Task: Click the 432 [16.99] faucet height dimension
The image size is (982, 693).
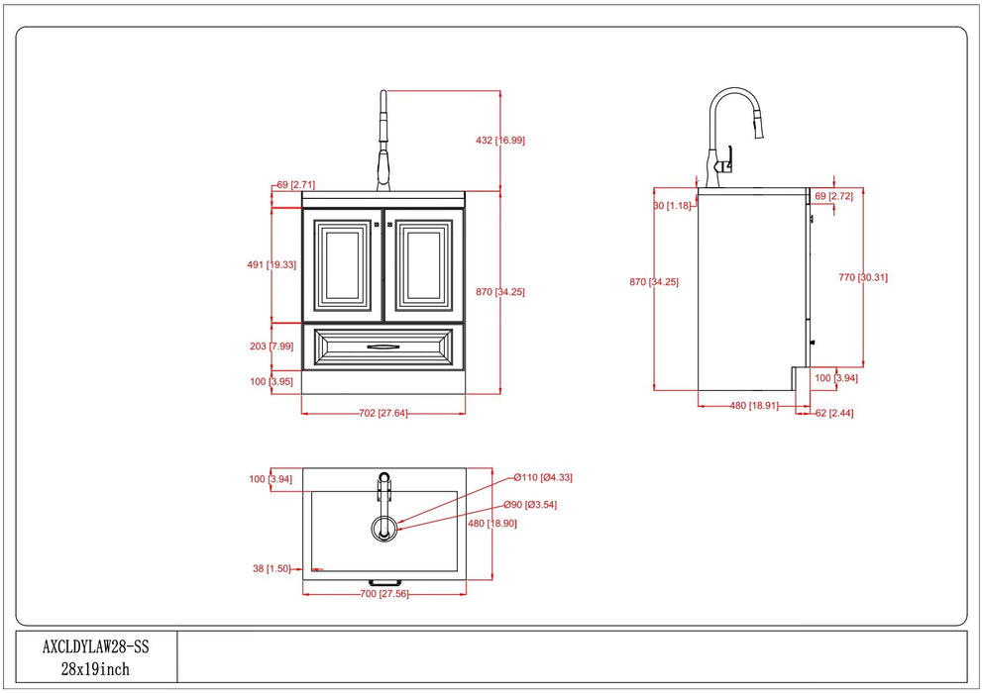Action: [500, 141]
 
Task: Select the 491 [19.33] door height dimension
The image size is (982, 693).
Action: [272, 264]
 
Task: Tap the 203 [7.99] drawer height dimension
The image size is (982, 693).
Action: [272, 346]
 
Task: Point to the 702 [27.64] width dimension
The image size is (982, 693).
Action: [383, 413]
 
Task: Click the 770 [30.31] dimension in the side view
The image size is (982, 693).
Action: [862, 277]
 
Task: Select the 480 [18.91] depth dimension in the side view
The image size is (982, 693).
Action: [753, 405]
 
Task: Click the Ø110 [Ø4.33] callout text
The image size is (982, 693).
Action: [543, 477]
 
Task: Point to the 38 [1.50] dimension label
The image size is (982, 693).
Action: [272, 568]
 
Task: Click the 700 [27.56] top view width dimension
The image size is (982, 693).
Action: [383, 593]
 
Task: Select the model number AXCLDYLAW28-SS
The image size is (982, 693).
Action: [95, 646]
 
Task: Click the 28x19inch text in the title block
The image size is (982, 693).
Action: [95, 669]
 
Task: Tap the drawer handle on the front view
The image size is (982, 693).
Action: [382, 346]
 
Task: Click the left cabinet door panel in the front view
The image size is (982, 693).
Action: [343, 266]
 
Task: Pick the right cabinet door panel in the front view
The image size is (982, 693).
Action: [424, 266]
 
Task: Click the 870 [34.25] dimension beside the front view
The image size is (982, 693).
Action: [499, 292]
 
